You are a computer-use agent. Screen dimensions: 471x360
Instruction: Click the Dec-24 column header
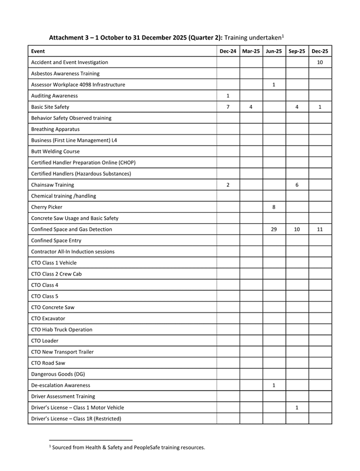(228, 51)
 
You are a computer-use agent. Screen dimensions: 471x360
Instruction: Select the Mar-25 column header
(251, 51)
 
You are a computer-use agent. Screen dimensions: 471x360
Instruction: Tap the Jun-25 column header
(273, 51)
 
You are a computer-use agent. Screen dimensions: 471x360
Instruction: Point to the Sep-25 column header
(296, 51)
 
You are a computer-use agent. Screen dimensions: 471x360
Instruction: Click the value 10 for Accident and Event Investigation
(320, 63)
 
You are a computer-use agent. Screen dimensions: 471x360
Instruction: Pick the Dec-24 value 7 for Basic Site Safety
(228, 107)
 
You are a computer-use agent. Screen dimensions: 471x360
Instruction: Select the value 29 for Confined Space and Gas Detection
(273, 229)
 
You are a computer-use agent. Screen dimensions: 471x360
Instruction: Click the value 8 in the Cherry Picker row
(273, 207)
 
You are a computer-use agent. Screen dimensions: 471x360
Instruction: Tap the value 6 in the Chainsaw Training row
(296, 185)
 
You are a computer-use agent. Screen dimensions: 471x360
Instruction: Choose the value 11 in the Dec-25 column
(320, 229)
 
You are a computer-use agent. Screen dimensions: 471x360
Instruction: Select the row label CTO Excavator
(48, 318)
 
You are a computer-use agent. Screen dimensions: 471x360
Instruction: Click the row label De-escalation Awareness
(60, 385)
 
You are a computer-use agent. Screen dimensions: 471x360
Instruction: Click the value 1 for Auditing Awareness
(228, 95)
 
